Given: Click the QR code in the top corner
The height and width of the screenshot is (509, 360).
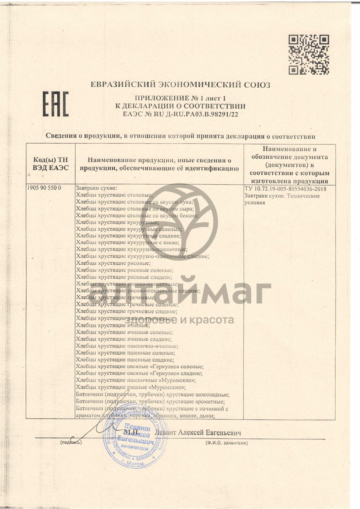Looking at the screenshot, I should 309,54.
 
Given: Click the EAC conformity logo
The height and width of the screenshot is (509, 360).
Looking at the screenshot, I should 56,104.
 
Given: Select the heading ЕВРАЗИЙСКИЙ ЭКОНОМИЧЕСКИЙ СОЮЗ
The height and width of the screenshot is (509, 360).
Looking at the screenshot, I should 180,85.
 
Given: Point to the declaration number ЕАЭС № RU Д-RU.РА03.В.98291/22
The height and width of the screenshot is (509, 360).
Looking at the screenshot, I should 180,114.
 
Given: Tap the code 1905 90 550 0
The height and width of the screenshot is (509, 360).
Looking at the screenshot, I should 44,188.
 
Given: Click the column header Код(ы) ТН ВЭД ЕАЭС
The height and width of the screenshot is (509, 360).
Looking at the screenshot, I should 50,164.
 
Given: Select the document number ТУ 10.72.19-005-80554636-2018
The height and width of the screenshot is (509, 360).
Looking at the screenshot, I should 285,189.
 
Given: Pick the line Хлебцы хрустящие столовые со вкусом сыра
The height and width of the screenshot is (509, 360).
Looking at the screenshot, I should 134,209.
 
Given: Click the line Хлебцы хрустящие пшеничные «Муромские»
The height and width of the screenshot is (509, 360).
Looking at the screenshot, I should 136,380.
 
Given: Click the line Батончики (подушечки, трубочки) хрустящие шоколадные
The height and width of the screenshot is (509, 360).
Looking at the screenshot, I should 152,394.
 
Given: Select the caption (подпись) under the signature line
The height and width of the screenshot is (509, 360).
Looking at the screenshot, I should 71,443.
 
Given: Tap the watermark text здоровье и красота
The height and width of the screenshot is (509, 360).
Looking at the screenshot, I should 180,320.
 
